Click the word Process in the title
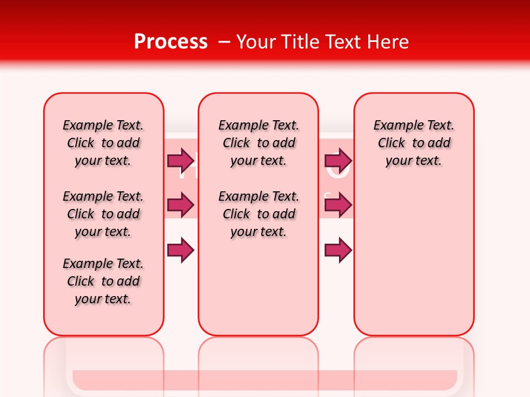pos(171,42)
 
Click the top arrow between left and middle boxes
pos(181,160)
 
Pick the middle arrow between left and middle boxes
pos(181,205)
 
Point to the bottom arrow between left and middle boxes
pos(181,250)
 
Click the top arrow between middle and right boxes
pos(338,160)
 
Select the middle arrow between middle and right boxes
pos(338,205)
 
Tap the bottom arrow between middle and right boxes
pos(338,250)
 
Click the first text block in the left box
pos(103,143)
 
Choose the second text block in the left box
pos(103,214)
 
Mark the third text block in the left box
pos(103,281)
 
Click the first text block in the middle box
pos(258,143)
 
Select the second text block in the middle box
pos(258,214)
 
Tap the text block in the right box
pos(414,143)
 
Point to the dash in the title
pos(224,42)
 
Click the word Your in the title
pos(257,42)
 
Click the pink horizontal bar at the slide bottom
pos(264,379)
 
